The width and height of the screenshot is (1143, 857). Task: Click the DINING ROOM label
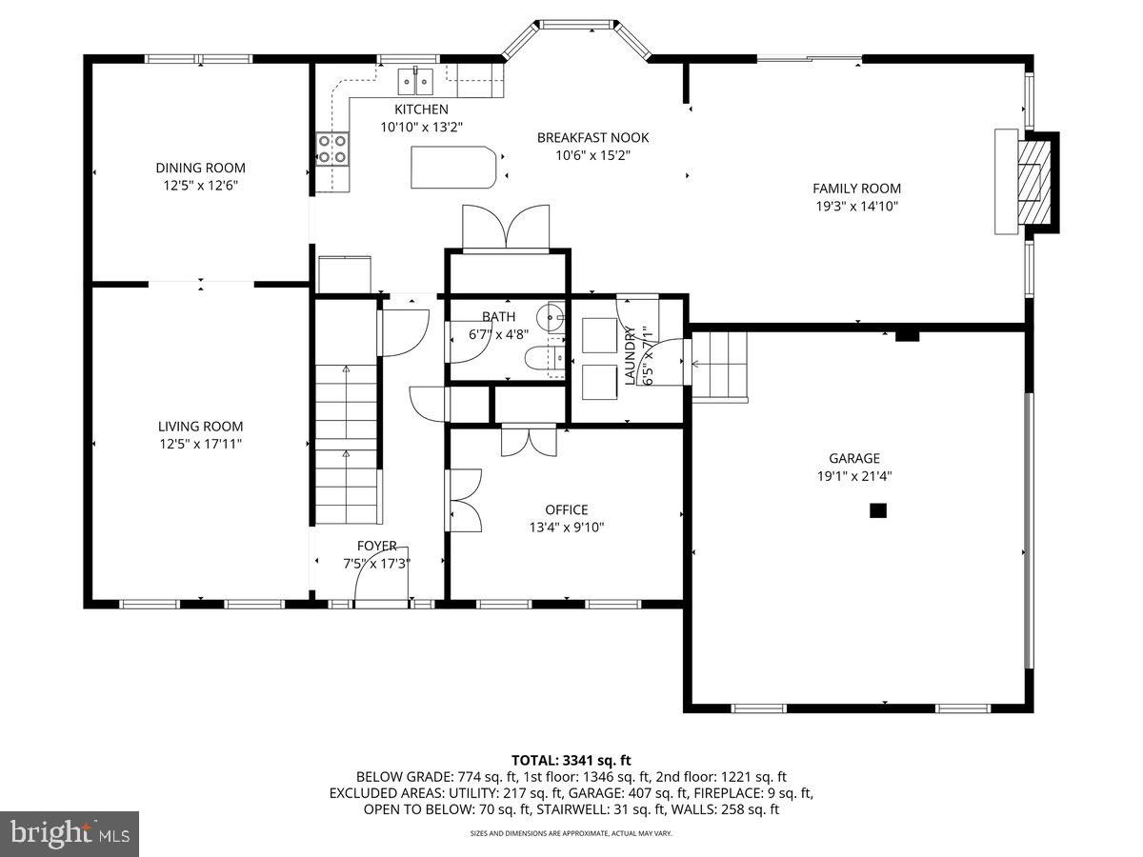[200, 169]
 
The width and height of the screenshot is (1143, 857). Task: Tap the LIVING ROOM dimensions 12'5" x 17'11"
[200, 444]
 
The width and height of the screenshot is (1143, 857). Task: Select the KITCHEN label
[421, 110]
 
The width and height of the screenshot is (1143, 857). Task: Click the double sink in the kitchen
[416, 77]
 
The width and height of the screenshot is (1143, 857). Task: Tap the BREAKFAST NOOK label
[592, 138]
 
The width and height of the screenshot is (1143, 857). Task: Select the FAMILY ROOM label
[856, 189]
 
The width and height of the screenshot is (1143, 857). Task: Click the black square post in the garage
[878, 511]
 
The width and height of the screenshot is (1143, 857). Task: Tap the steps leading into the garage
[719, 365]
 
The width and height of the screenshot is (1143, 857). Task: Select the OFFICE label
[566, 509]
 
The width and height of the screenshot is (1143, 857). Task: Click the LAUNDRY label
[630, 355]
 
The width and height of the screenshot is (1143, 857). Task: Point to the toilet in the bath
[543, 358]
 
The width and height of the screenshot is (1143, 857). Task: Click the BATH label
[498, 317]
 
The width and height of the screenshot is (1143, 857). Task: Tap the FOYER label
[376, 546]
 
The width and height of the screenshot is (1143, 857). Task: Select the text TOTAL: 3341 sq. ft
[571, 760]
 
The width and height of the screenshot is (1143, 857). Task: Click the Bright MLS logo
[70, 834]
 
